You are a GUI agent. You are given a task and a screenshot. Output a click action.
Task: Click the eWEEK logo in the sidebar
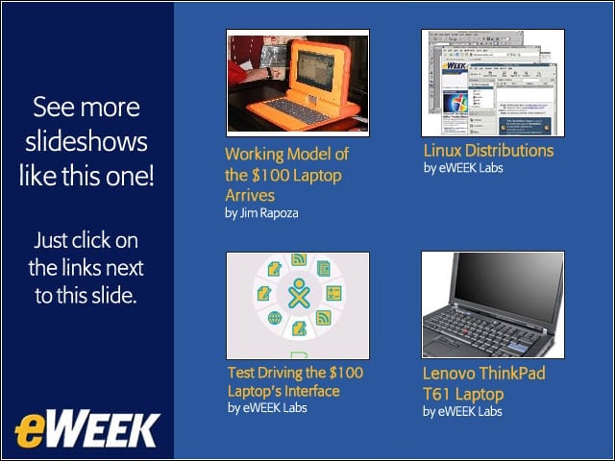click(87, 430)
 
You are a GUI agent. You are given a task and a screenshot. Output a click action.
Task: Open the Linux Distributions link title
click(488, 151)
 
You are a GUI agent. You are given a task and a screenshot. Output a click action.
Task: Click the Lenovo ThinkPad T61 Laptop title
click(484, 383)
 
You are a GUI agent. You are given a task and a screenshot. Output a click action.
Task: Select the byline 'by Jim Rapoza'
click(261, 213)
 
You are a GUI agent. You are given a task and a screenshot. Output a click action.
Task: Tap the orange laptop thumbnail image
click(298, 84)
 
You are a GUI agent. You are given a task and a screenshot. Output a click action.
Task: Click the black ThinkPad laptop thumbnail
click(493, 305)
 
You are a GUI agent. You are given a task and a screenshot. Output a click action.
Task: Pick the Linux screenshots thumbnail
click(493, 84)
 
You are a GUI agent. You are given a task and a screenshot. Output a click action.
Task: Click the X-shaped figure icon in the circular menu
click(299, 293)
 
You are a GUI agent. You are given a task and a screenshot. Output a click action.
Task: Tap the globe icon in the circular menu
click(275, 318)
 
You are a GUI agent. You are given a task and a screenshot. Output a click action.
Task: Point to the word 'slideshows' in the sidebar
click(86, 141)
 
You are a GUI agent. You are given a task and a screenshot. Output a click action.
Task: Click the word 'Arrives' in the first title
click(250, 195)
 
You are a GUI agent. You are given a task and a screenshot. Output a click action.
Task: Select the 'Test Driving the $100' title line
click(295, 373)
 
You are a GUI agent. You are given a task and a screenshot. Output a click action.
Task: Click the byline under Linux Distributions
click(463, 168)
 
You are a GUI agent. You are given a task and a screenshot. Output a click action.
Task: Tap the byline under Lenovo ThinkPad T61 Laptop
click(462, 412)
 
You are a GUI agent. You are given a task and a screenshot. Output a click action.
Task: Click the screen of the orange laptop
click(316, 70)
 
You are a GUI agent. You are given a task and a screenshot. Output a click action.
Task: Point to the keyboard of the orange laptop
click(293, 110)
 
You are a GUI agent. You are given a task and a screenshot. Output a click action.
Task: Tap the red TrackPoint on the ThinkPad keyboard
click(465, 332)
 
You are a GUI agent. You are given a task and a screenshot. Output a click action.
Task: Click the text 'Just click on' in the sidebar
click(86, 240)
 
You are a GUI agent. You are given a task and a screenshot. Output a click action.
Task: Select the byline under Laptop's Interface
click(267, 408)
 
